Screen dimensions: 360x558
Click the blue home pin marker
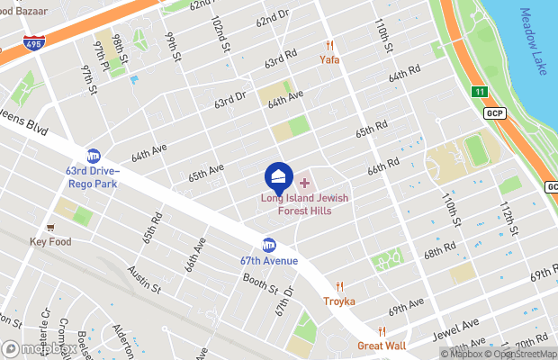pyautogui.click(x=279, y=175)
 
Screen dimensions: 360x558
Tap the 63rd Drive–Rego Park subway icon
pyautogui.click(x=94, y=156)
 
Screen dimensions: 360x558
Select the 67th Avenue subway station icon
pyautogui.click(x=268, y=244)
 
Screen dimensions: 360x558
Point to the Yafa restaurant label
pyautogui.click(x=329, y=59)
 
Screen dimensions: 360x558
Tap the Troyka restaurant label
pyautogui.click(x=339, y=301)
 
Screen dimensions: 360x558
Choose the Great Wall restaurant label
pyautogui.click(x=382, y=346)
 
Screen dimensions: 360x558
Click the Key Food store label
pyautogui.click(x=51, y=241)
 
